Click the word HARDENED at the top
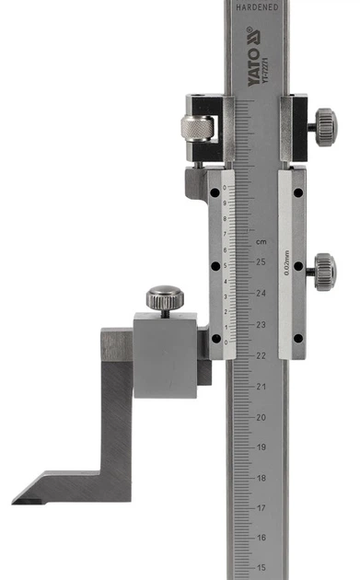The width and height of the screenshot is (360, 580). tap(257, 6)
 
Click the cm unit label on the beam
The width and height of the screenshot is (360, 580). tap(261, 241)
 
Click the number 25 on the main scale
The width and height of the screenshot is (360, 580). tap(261, 262)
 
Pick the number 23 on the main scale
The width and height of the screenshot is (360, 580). tap(261, 324)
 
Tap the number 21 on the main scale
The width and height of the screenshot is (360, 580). tap(261, 387)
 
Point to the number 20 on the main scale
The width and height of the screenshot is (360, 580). tap(261, 417)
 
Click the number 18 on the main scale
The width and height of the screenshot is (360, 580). tap(261, 479)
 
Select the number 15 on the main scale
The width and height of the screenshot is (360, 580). tap(261, 568)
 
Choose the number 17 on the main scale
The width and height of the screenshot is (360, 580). tap(261, 508)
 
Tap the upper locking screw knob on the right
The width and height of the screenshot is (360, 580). tap(323, 122)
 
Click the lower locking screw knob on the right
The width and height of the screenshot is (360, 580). tap(323, 272)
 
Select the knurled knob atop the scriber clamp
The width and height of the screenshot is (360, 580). tap(163, 298)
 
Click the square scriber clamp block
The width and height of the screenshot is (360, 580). tap(166, 354)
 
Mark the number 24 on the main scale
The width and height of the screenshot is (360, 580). tap(261, 294)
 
